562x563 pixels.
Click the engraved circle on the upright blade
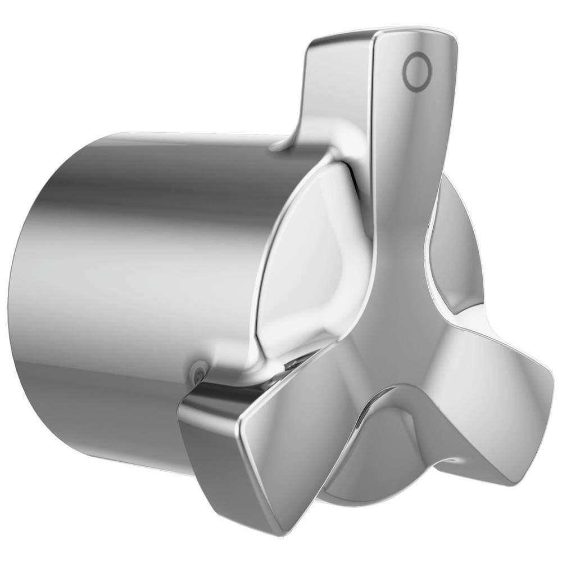417,71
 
